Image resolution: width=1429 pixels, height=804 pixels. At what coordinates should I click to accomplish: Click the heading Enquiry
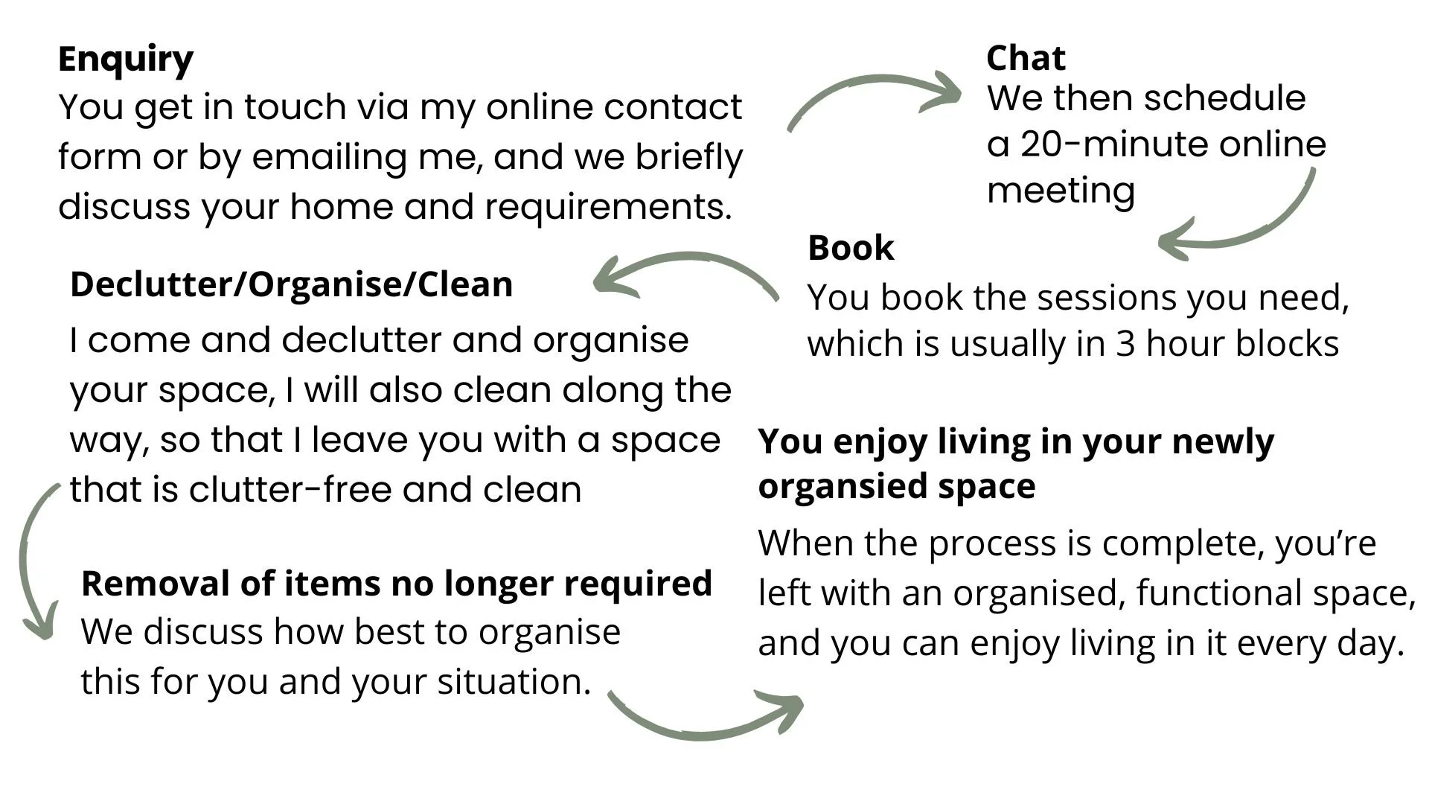pyautogui.click(x=126, y=60)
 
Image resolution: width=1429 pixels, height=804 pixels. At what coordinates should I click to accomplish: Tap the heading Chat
pyautogui.click(x=1026, y=58)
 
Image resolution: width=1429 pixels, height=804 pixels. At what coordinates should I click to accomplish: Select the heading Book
pyautogui.click(x=851, y=248)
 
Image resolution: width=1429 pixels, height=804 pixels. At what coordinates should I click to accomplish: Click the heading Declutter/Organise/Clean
pyautogui.click(x=292, y=284)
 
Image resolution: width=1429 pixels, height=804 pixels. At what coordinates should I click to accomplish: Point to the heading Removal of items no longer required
pyautogui.click(x=397, y=583)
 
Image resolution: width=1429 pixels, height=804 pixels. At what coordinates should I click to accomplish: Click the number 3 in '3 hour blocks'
pyautogui.click(x=1125, y=344)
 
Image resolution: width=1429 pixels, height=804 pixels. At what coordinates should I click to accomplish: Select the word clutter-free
pyautogui.click(x=290, y=490)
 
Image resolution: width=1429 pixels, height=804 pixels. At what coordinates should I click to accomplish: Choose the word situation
pyautogui.click(x=514, y=682)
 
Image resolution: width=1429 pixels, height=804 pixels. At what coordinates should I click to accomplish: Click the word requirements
pyautogui.click(x=608, y=207)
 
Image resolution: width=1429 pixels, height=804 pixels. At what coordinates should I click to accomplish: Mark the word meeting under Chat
pyautogui.click(x=1061, y=191)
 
